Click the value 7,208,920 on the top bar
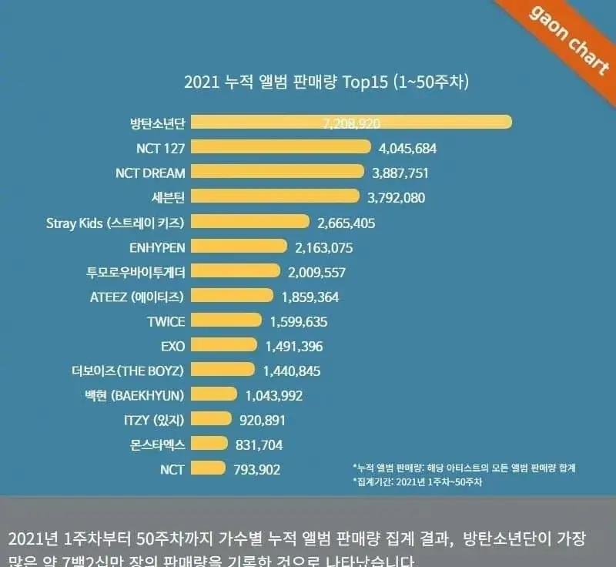(350, 122)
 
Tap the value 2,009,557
(316, 271)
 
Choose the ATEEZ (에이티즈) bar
(232, 296)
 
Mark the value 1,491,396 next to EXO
(294, 345)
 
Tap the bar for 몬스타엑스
(209, 444)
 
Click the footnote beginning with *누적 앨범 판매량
(464, 467)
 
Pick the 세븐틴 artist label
(169, 196)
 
